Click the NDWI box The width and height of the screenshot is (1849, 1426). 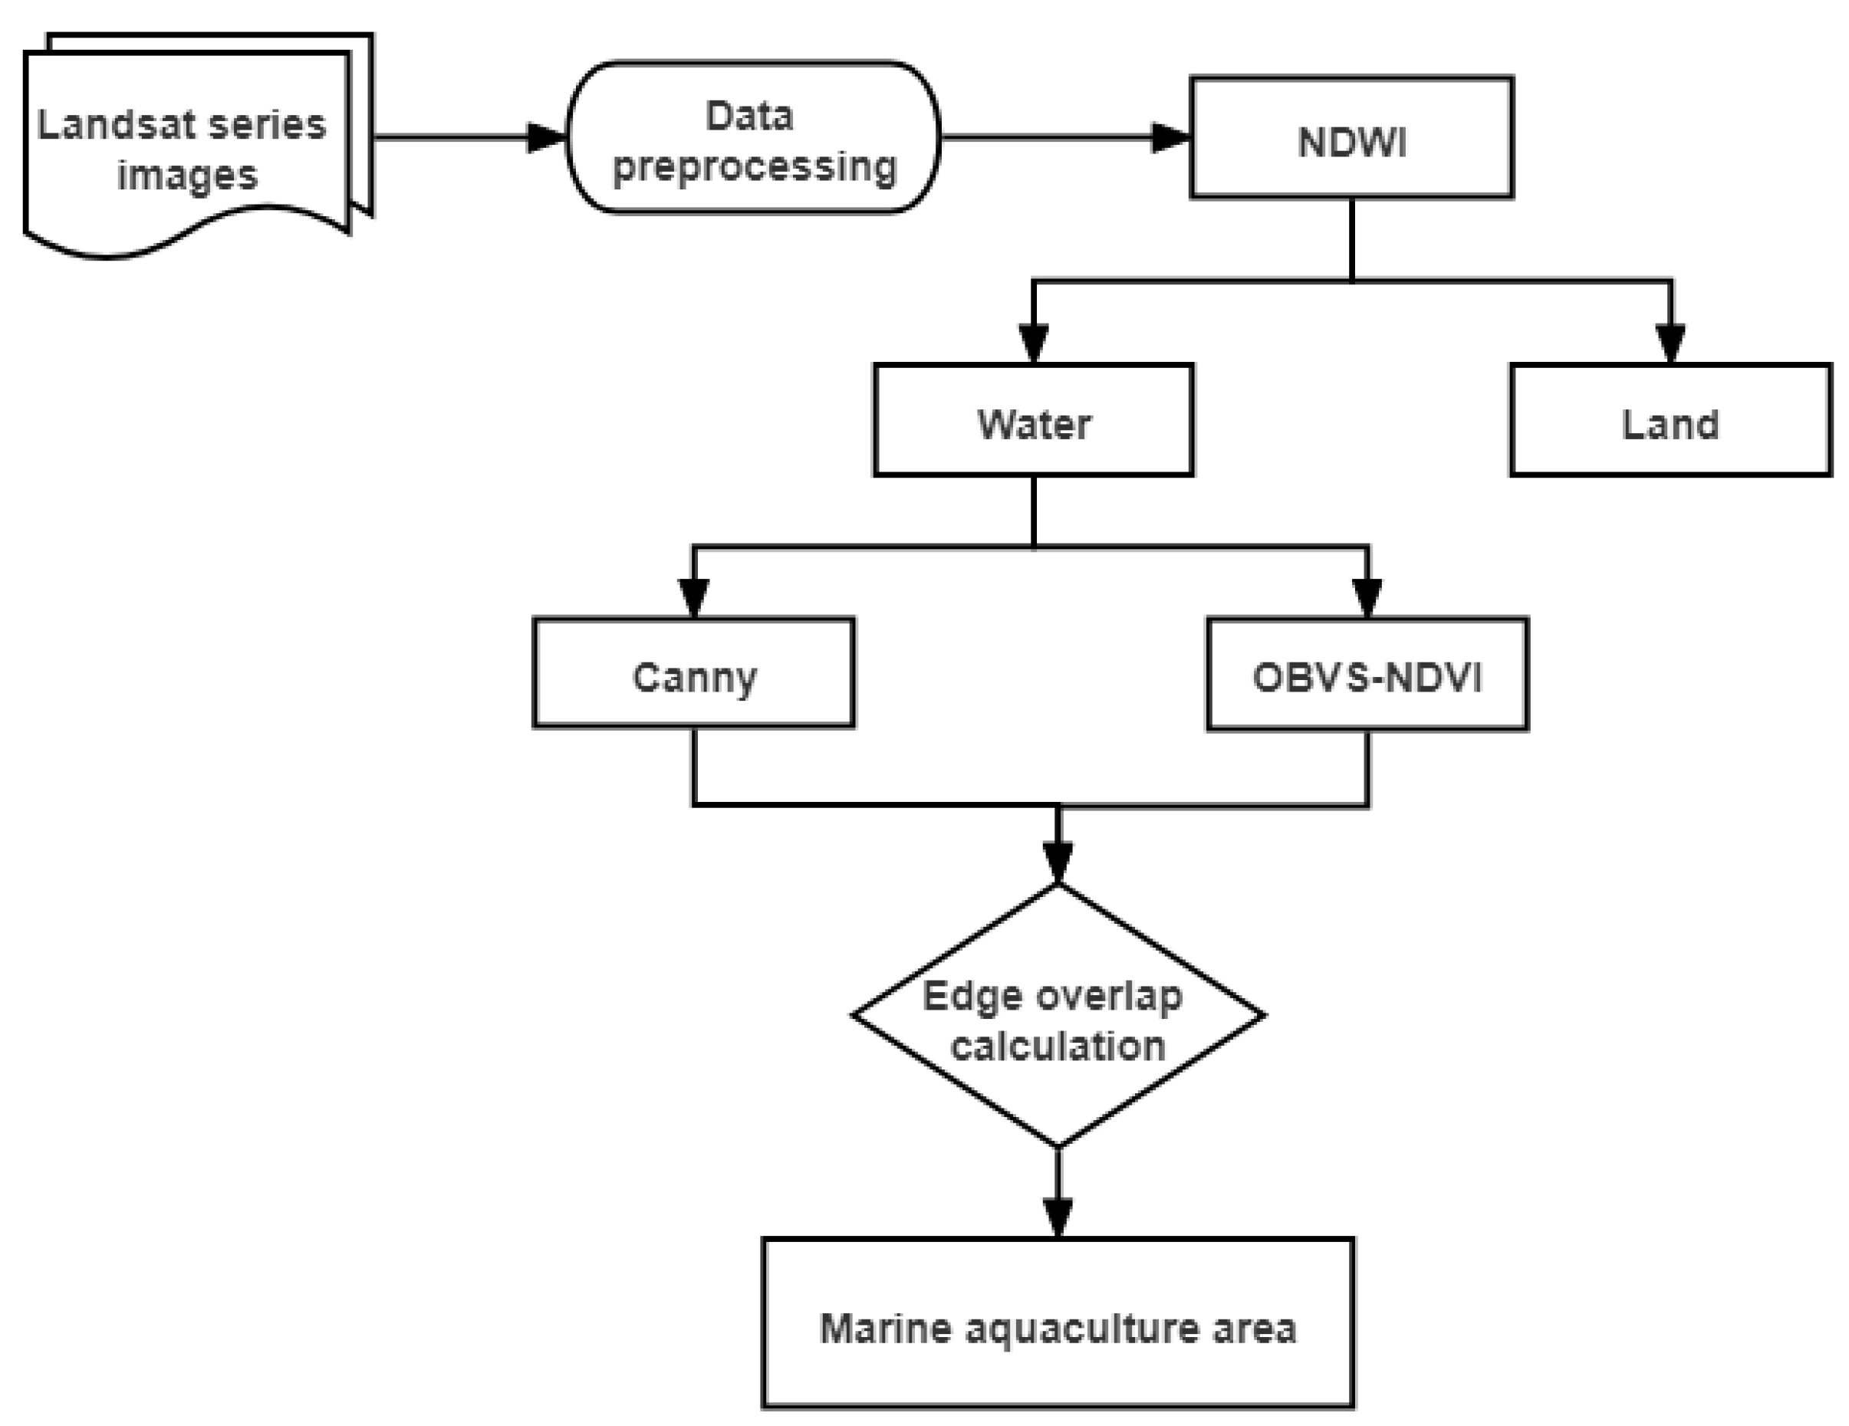point(1351,138)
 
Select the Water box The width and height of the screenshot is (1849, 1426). point(1033,421)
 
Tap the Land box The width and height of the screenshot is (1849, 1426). point(1670,421)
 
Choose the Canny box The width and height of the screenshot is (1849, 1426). point(693,673)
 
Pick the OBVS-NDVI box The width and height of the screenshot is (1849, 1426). point(1367,675)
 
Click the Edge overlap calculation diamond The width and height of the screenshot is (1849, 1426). point(1058,1016)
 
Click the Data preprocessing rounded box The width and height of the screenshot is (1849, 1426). point(752,138)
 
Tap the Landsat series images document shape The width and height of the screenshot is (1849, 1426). point(186,148)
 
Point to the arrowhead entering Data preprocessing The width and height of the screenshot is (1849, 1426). point(547,137)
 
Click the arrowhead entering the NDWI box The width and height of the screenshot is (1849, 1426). point(1172,137)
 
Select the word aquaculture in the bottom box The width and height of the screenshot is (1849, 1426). point(1084,1329)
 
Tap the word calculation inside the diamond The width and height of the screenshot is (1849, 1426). point(1058,1046)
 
